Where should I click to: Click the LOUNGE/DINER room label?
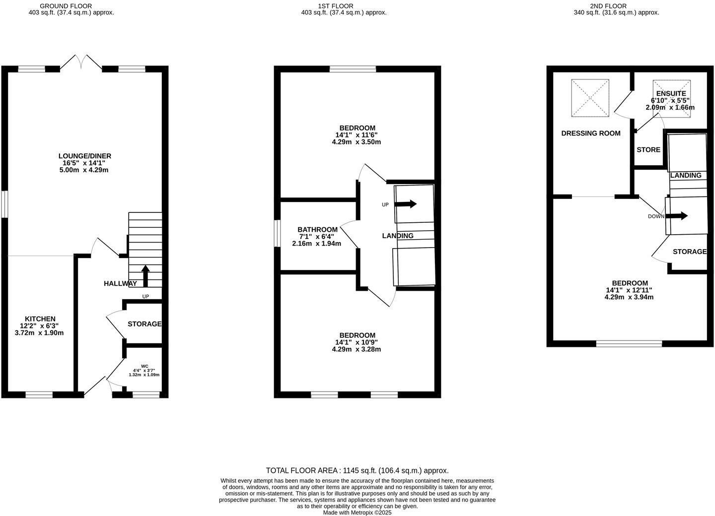pos(84,156)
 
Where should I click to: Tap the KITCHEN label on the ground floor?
pos(40,319)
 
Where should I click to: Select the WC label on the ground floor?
pos(144,366)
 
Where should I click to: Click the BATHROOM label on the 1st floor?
pos(317,230)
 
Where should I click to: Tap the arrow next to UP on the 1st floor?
pos(406,204)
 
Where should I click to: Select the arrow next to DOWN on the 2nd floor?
pos(677,216)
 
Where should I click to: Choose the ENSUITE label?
pos(671,93)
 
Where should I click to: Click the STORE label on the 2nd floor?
pos(648,150)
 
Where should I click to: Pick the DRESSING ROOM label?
pos(591,133)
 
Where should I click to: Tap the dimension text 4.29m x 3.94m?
pos(629,297)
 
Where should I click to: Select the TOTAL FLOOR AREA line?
pos(357,470)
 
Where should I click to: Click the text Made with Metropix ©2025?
pos(357,513)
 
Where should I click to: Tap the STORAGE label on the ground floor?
pos(144,324)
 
